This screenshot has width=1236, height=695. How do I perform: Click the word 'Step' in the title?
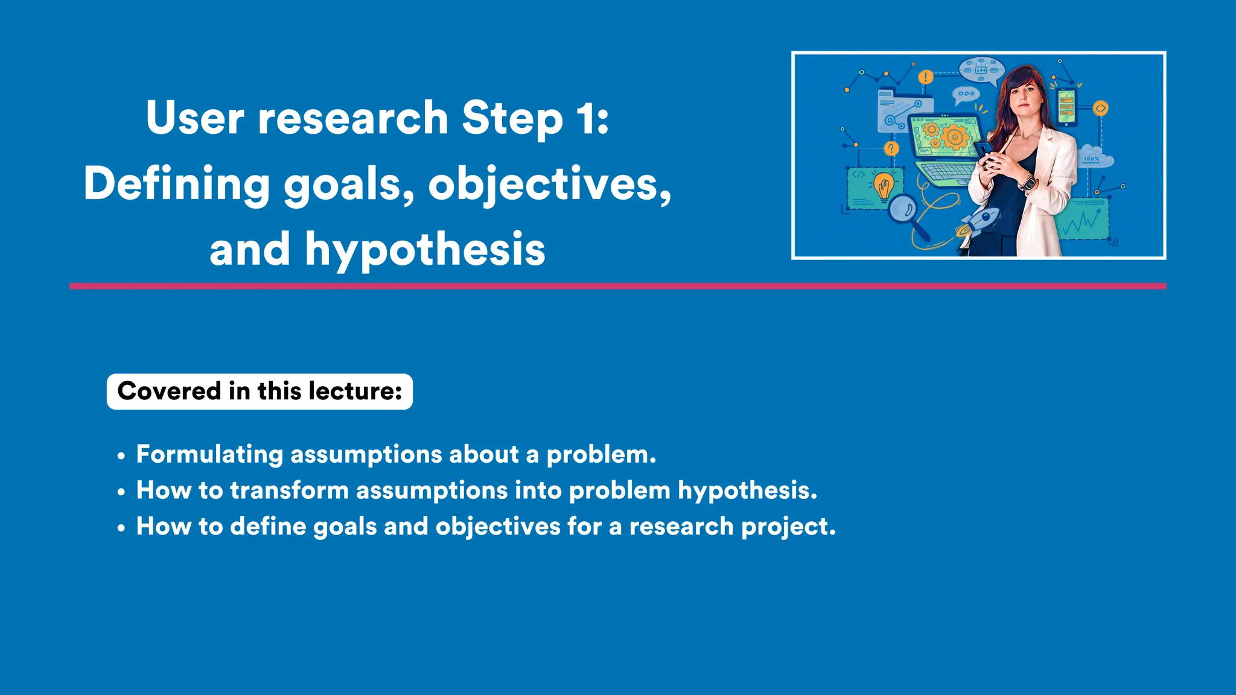tap(512, 118)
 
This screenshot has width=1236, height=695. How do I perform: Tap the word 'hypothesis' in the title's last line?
tap(425, 250)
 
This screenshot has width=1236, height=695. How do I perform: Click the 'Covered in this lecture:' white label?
tap(260, 392)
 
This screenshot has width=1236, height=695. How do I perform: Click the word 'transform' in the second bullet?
tap(289, 490)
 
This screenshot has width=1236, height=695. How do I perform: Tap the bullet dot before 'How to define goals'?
tap(121, 528)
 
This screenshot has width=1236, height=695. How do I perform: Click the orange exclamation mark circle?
tap(925, 77)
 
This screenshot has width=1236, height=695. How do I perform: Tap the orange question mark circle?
tap(891, 148)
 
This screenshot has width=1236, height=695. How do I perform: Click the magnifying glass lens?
tap(903, 209)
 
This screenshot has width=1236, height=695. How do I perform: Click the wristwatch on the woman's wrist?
tap(1027, 181)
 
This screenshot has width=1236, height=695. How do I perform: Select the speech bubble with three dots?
tap(965, 94)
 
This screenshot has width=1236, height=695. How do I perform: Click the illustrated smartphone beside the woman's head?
tap(1066, 107)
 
